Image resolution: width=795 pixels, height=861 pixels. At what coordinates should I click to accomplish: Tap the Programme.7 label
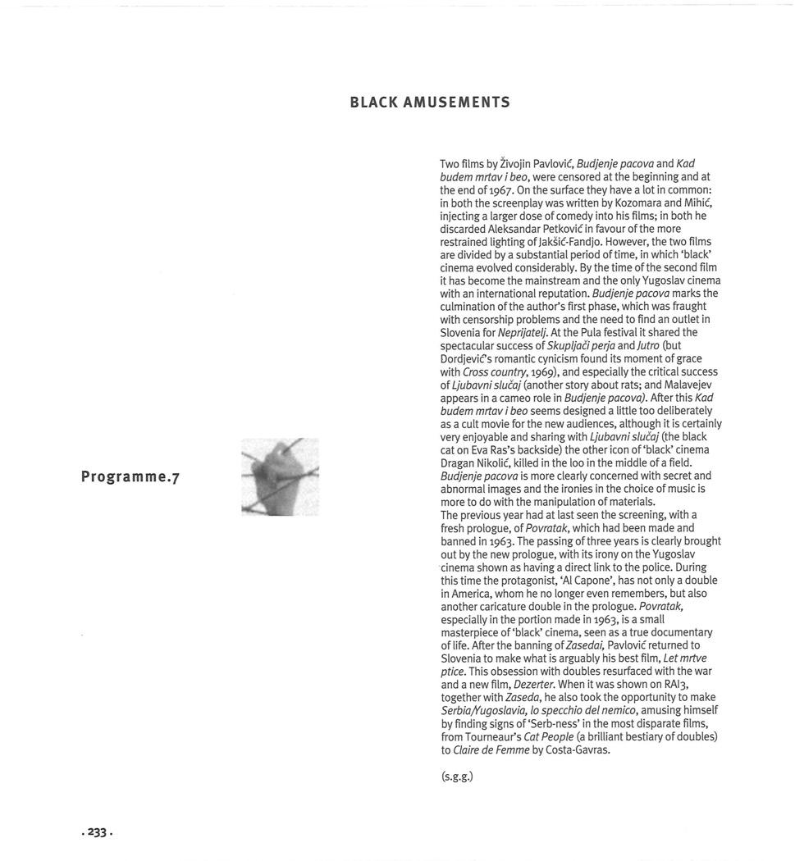pos(130,477)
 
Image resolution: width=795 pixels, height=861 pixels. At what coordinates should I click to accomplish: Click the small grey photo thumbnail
pos(280,476)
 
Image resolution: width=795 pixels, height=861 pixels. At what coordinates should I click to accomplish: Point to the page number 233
pos(98,831)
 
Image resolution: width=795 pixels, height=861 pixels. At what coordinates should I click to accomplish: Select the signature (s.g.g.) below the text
pos(457,776)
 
